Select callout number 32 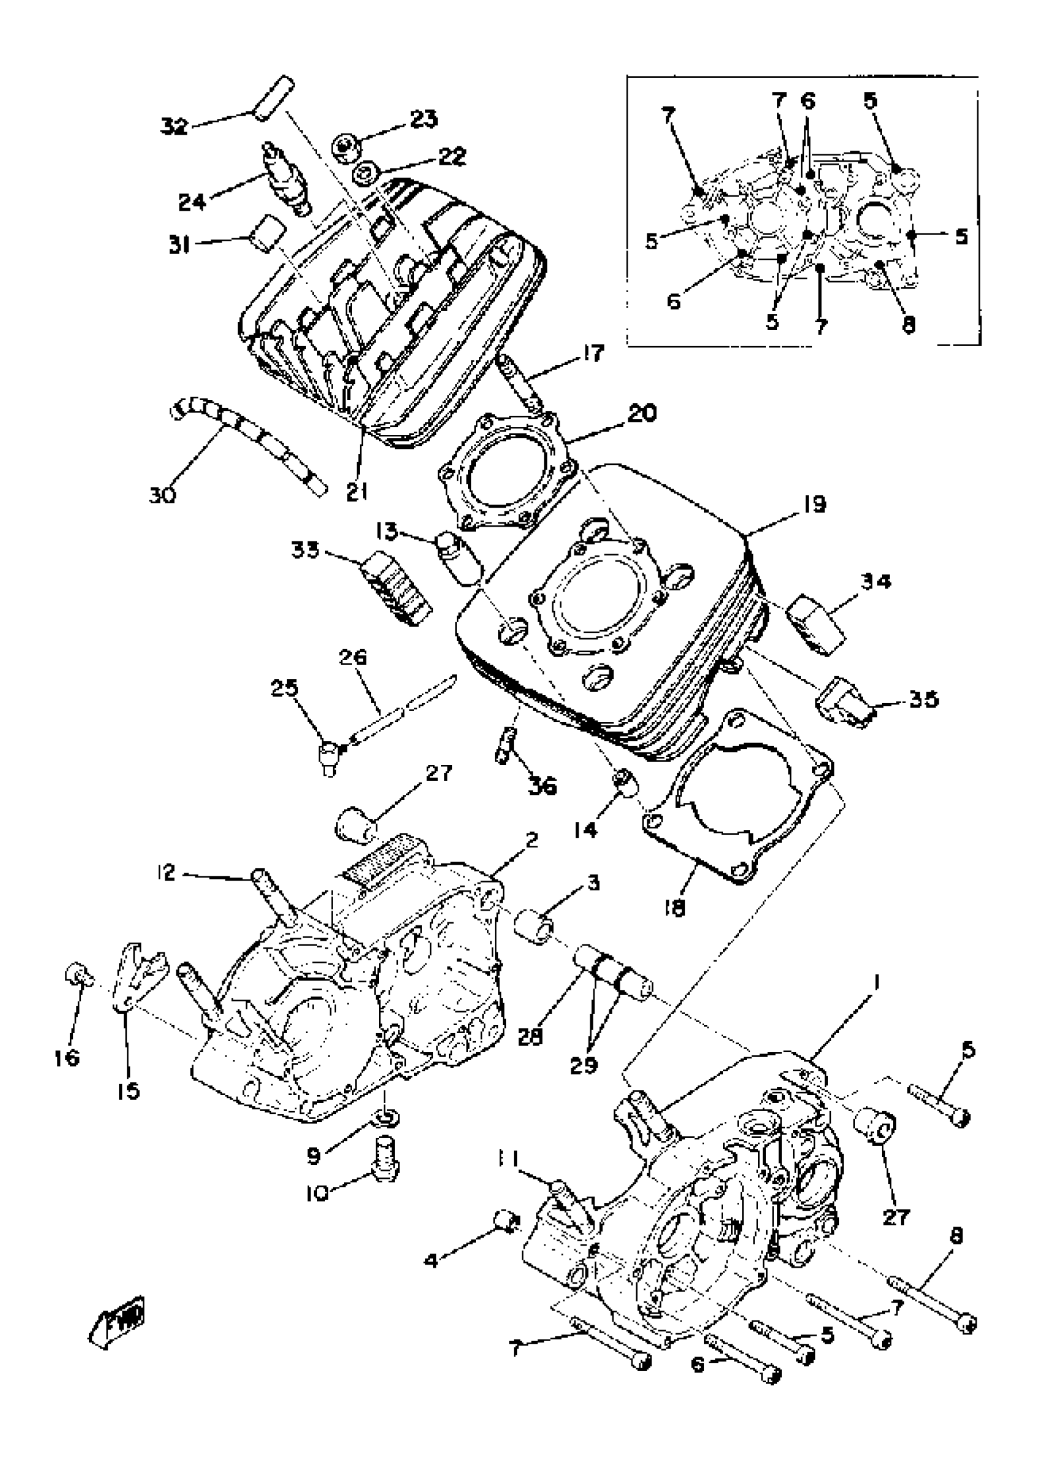174,126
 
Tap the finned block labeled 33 397,589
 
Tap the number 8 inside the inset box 909,325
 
